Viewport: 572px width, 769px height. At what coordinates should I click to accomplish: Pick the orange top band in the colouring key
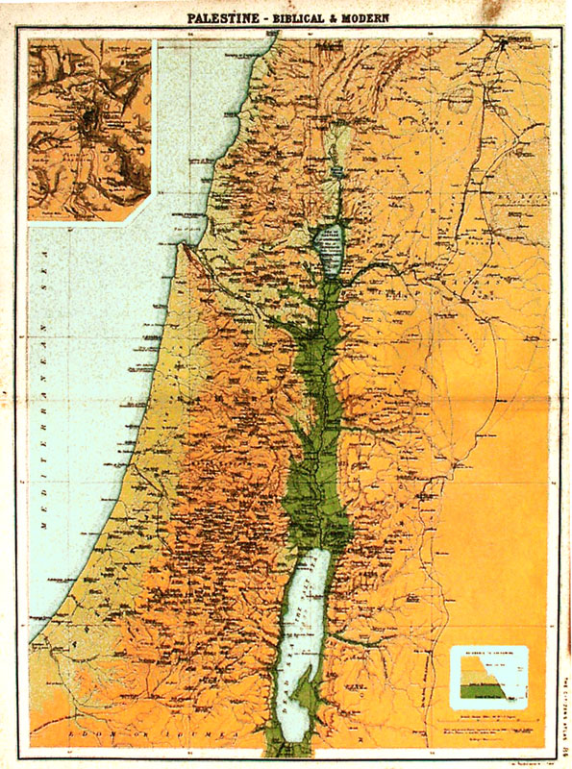click(471, 663)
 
